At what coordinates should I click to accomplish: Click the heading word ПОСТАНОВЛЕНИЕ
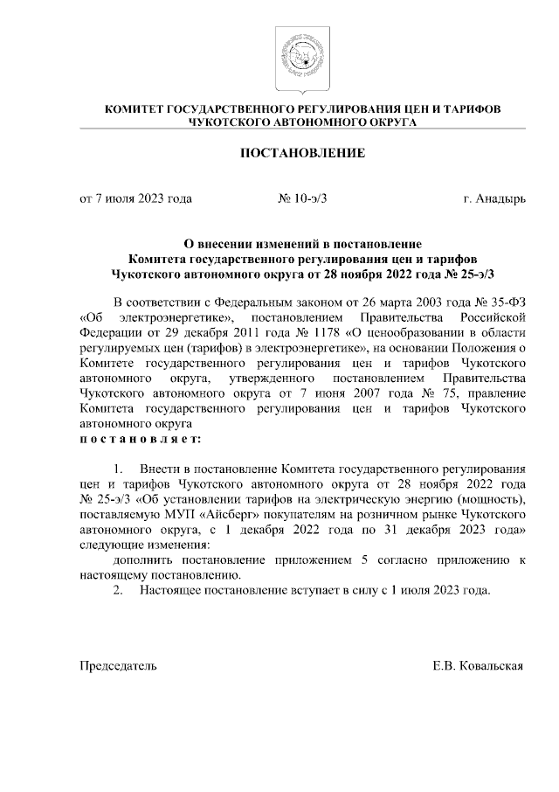[x=302, y=154]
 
